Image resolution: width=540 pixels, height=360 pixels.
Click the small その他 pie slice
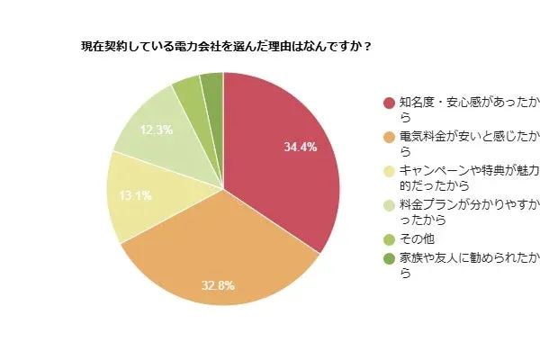pos(188,88)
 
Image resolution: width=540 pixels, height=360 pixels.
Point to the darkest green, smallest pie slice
pos(212,84)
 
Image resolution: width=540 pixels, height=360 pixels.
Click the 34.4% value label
pos(300,147)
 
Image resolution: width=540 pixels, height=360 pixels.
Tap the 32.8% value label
pos(217,286)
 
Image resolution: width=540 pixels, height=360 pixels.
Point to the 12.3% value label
pos(157,130)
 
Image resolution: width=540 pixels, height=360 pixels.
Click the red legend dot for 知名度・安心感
pos(389,103)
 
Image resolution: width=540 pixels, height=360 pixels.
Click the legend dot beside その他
pos(389,240)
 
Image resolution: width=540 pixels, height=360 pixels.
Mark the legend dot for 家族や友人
pos(389,258)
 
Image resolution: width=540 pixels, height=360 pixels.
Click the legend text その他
pos(416,240)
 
